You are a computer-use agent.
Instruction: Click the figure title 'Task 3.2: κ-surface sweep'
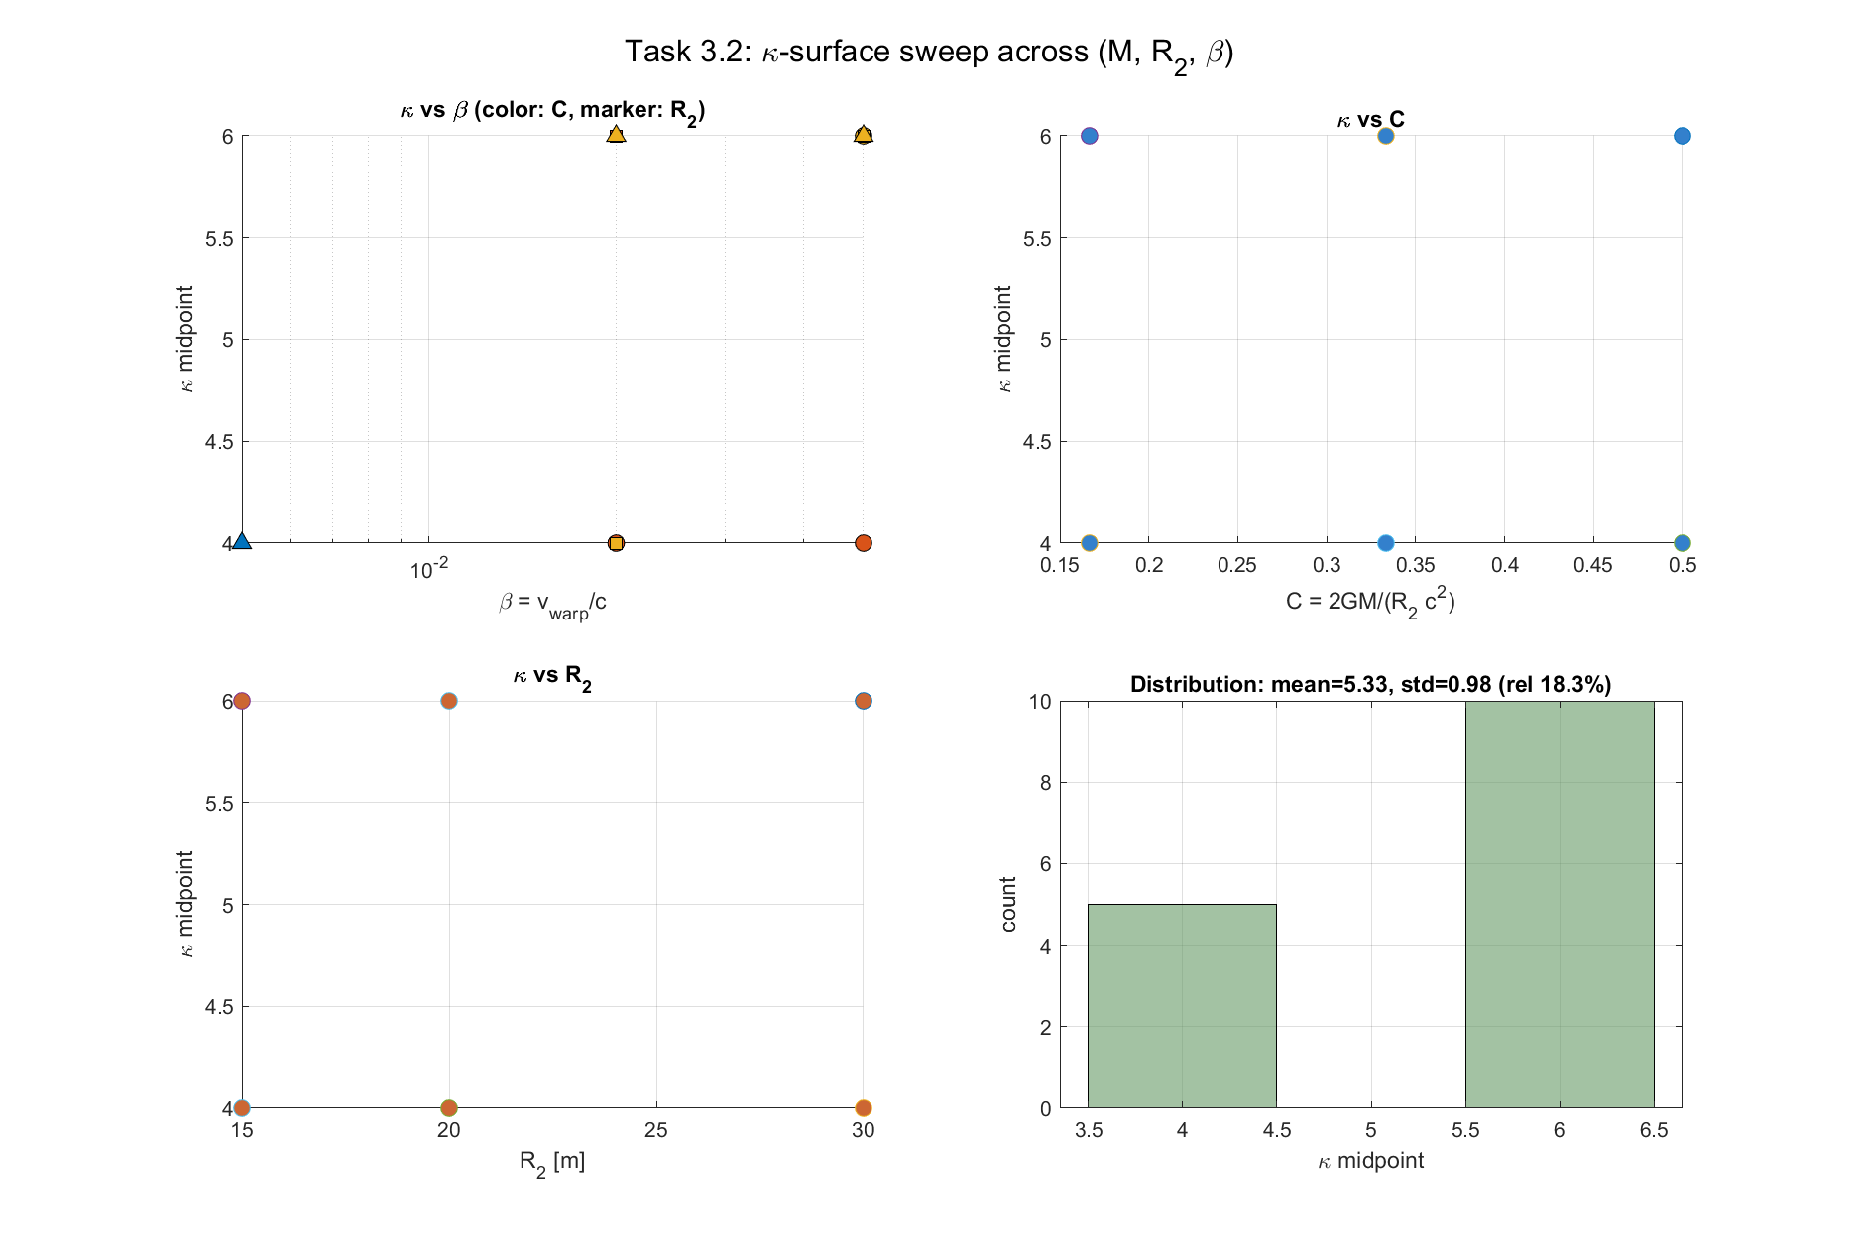[x=928, y=53]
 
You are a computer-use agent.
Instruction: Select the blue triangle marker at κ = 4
[x=241, y=541]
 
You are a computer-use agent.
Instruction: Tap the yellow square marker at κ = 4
[x=616, y=543]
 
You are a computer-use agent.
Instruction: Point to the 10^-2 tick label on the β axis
[x=429, y=570]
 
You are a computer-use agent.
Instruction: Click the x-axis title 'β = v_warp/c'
[x=552, y=604]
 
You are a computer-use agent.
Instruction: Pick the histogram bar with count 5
[x=1182, y=1005]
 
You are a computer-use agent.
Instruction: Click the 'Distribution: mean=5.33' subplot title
[x=1370, y=684]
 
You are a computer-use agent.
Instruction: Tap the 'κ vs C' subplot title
[x=1370, y=120]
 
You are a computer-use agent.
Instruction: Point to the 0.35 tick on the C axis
[x=1415, y=565]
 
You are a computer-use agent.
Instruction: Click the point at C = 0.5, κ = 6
[x=1682, y=136]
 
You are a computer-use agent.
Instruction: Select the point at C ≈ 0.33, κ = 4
[x=1385, y=543]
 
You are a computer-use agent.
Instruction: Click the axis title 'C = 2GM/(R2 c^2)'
[x=1370, y=602]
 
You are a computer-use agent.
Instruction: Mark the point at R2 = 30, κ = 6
[x=863, y=701]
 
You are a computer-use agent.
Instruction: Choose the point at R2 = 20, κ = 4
[x=448, y=1107]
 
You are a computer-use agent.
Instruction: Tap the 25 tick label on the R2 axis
[x=655, y=1130]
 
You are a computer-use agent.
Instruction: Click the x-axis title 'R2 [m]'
[x=552, y=1162]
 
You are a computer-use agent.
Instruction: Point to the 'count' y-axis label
[x=1009, y=904]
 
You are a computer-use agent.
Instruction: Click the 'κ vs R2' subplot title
[x=552, y=677]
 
